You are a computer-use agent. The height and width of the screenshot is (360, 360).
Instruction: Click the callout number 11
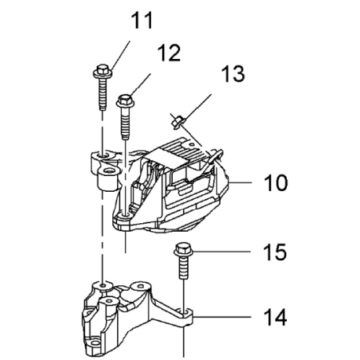(141, 20)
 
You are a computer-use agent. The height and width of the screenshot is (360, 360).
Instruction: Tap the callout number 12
(170, 53)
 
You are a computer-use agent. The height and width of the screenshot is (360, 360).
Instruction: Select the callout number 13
(233, 74)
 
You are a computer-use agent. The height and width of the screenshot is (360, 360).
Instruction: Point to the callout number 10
(276, 182)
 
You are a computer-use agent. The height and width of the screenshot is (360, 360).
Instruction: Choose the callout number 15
(275, 252)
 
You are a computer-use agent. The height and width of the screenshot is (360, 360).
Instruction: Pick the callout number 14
(275, 317)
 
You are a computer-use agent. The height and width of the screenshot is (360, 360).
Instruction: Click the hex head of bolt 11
(103, 72)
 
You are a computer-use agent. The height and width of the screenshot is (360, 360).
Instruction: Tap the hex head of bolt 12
(125, 101)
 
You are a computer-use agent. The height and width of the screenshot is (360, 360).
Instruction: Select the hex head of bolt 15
(183, 249)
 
